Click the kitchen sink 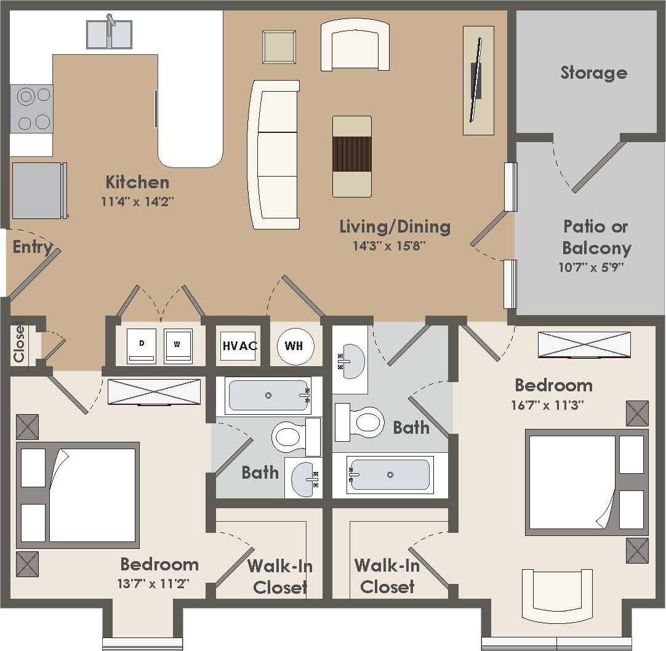109,34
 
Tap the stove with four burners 32,109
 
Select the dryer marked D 141,346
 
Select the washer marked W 178,346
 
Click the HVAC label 239,345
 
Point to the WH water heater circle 294,346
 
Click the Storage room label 593,73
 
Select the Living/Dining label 395,226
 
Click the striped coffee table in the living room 351,156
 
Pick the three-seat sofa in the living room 273,154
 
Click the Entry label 32,247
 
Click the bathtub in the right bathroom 388,475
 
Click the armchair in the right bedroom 557,594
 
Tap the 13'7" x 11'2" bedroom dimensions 159,583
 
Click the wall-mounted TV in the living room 476,80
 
